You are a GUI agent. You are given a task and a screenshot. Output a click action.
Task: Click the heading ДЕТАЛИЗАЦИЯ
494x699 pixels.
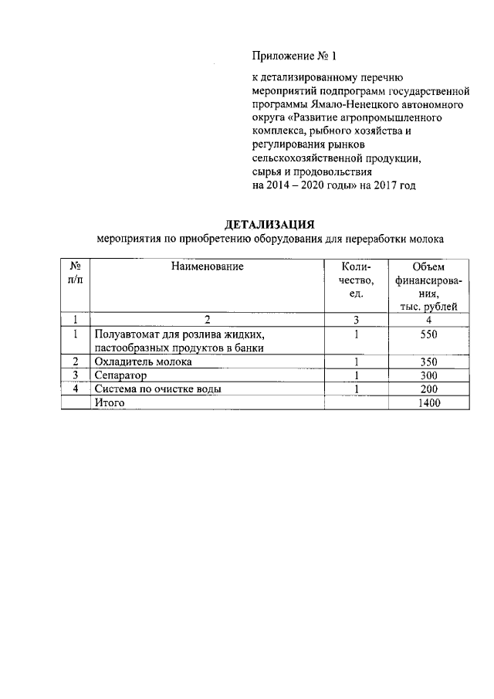pos(269,225)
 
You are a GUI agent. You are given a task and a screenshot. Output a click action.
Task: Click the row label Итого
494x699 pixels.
pos(109,402)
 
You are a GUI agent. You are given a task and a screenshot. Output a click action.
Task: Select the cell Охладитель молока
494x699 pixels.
pos(143,361)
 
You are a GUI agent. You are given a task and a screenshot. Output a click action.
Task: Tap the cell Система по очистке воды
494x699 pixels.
pos(157,389)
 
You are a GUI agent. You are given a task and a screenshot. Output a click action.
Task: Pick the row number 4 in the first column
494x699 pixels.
pos(76,389)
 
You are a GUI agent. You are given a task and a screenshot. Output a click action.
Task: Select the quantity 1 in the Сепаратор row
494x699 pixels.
pos(357,375)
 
